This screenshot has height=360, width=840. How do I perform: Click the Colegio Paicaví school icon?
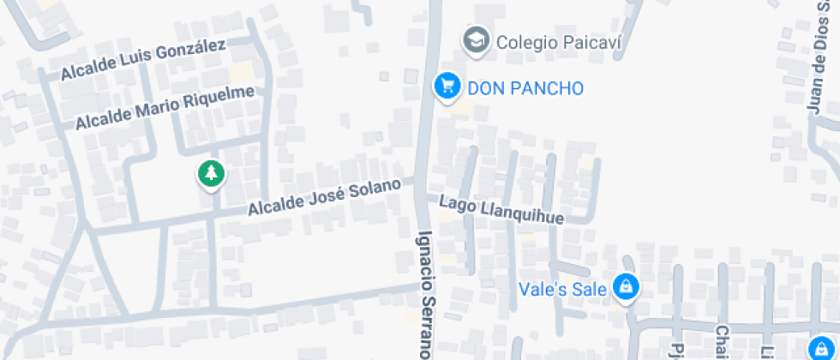476,39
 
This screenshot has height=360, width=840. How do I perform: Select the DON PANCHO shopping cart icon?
446,86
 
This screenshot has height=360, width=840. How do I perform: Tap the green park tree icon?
210,174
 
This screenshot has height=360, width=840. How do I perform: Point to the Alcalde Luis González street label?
143,61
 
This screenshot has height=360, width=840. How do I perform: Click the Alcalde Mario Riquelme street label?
165,108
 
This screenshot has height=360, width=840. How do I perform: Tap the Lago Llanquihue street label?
501,210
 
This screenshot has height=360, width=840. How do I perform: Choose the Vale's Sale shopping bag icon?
627,288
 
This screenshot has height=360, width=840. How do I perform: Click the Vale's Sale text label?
563,289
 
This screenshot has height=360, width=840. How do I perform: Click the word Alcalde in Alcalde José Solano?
273,206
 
